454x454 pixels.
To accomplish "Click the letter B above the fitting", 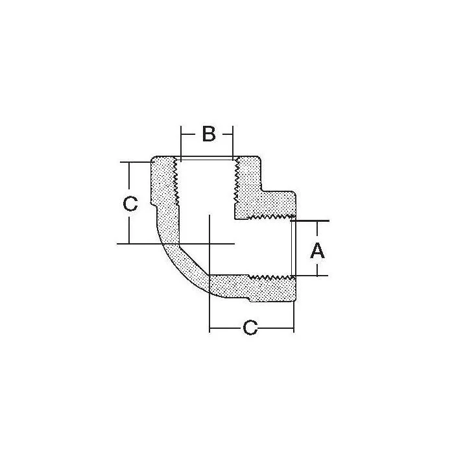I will click(208, 134).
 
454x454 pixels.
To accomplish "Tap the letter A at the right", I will click(317, 250).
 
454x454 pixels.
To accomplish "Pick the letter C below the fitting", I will click(250, 328).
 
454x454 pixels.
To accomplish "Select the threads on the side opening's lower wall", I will click(272, 277).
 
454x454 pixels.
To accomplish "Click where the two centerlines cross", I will click(209, 244).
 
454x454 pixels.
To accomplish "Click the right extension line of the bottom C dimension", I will click(294, 318).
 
